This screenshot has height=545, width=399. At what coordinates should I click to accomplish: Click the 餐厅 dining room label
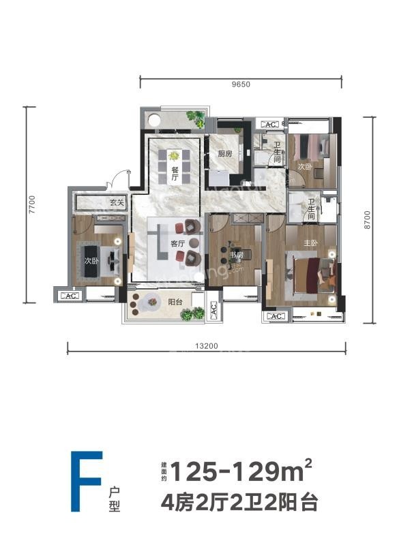click(x=175, y=174)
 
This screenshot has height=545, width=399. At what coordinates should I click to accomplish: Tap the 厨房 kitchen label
click(x=225, y=155)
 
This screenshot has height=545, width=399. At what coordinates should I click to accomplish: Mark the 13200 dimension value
click(x=206, y=346)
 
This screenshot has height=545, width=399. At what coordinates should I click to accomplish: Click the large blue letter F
click(x=86, y=481)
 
